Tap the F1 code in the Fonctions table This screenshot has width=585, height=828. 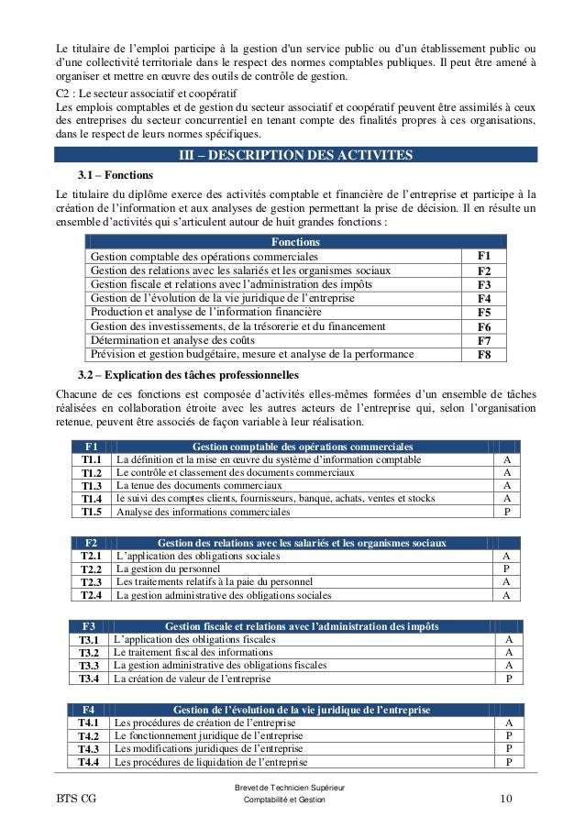coord(484,256)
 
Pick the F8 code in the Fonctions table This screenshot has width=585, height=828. coord(484,355)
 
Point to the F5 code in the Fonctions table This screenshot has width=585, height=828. coord(484,313)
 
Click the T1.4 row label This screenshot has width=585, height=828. coord(91,499)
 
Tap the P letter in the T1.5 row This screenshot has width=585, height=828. coord(507,513)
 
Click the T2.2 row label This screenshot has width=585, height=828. coord(91,569)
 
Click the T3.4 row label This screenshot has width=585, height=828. coord(89,679)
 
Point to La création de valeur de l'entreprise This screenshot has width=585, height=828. coord(192,679)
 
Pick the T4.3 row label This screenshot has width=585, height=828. coord(89,749)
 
